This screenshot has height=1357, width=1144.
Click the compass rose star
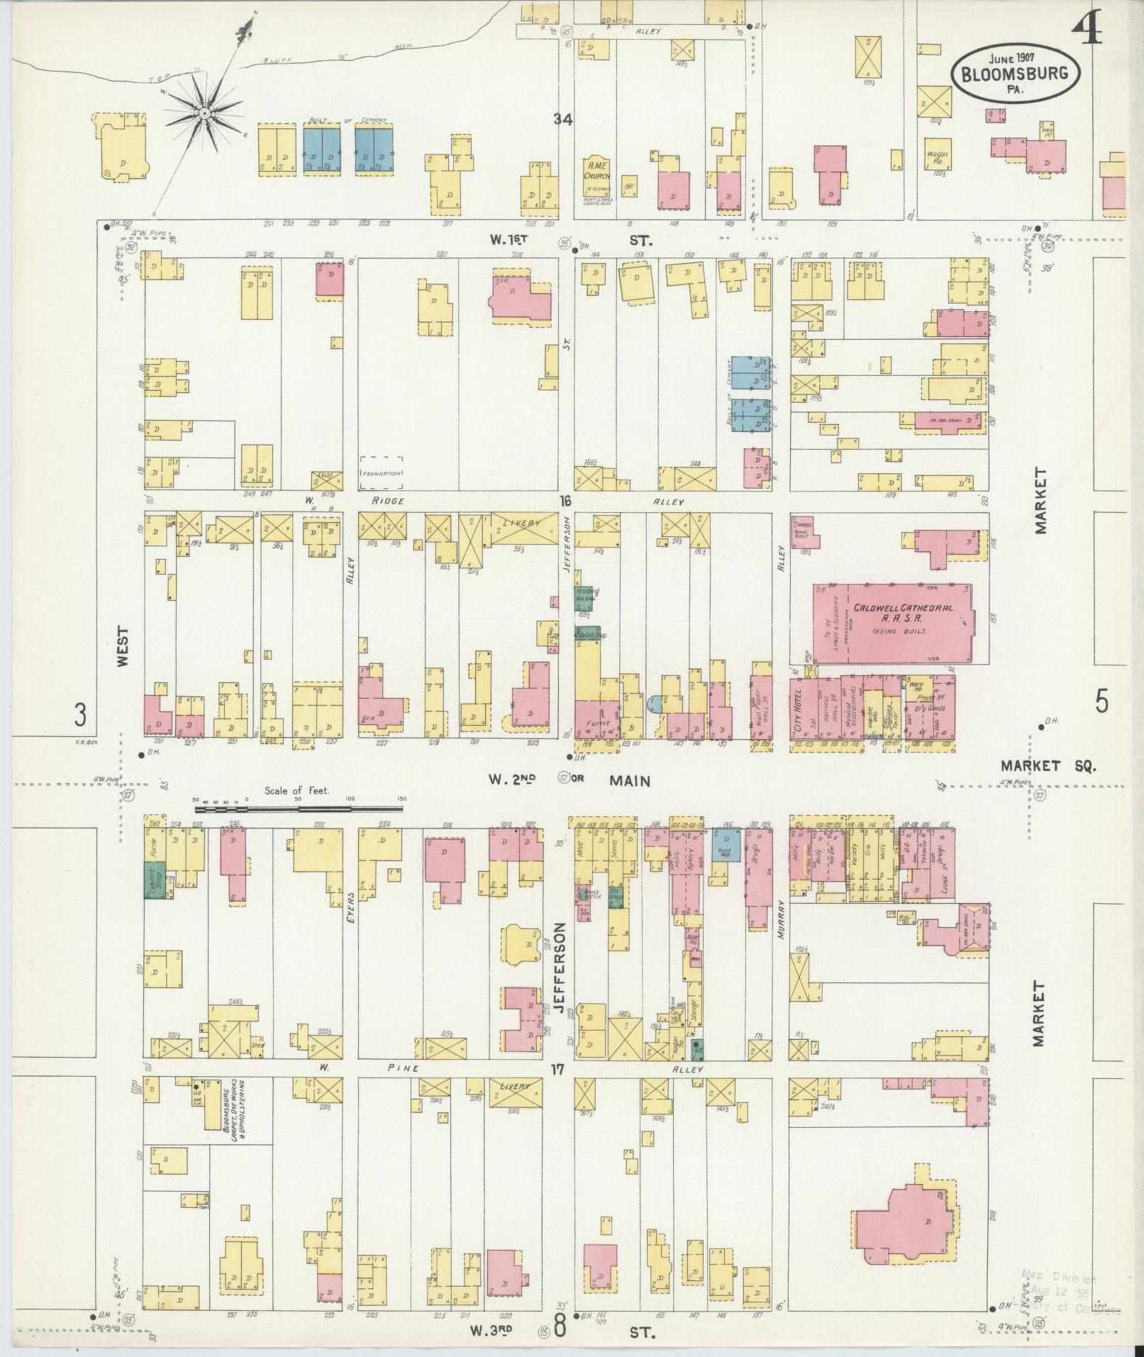coord(204,113)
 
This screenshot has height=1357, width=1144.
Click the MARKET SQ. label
coord(1048,765)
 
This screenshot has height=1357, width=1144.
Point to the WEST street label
coord(123,646)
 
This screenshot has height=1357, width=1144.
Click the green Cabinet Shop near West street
coord(154,880)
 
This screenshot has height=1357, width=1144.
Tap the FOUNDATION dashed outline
coord(382,472)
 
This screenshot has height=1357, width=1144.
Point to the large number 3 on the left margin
coord(80,714)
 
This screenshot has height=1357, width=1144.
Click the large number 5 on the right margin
coord(1101,702)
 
